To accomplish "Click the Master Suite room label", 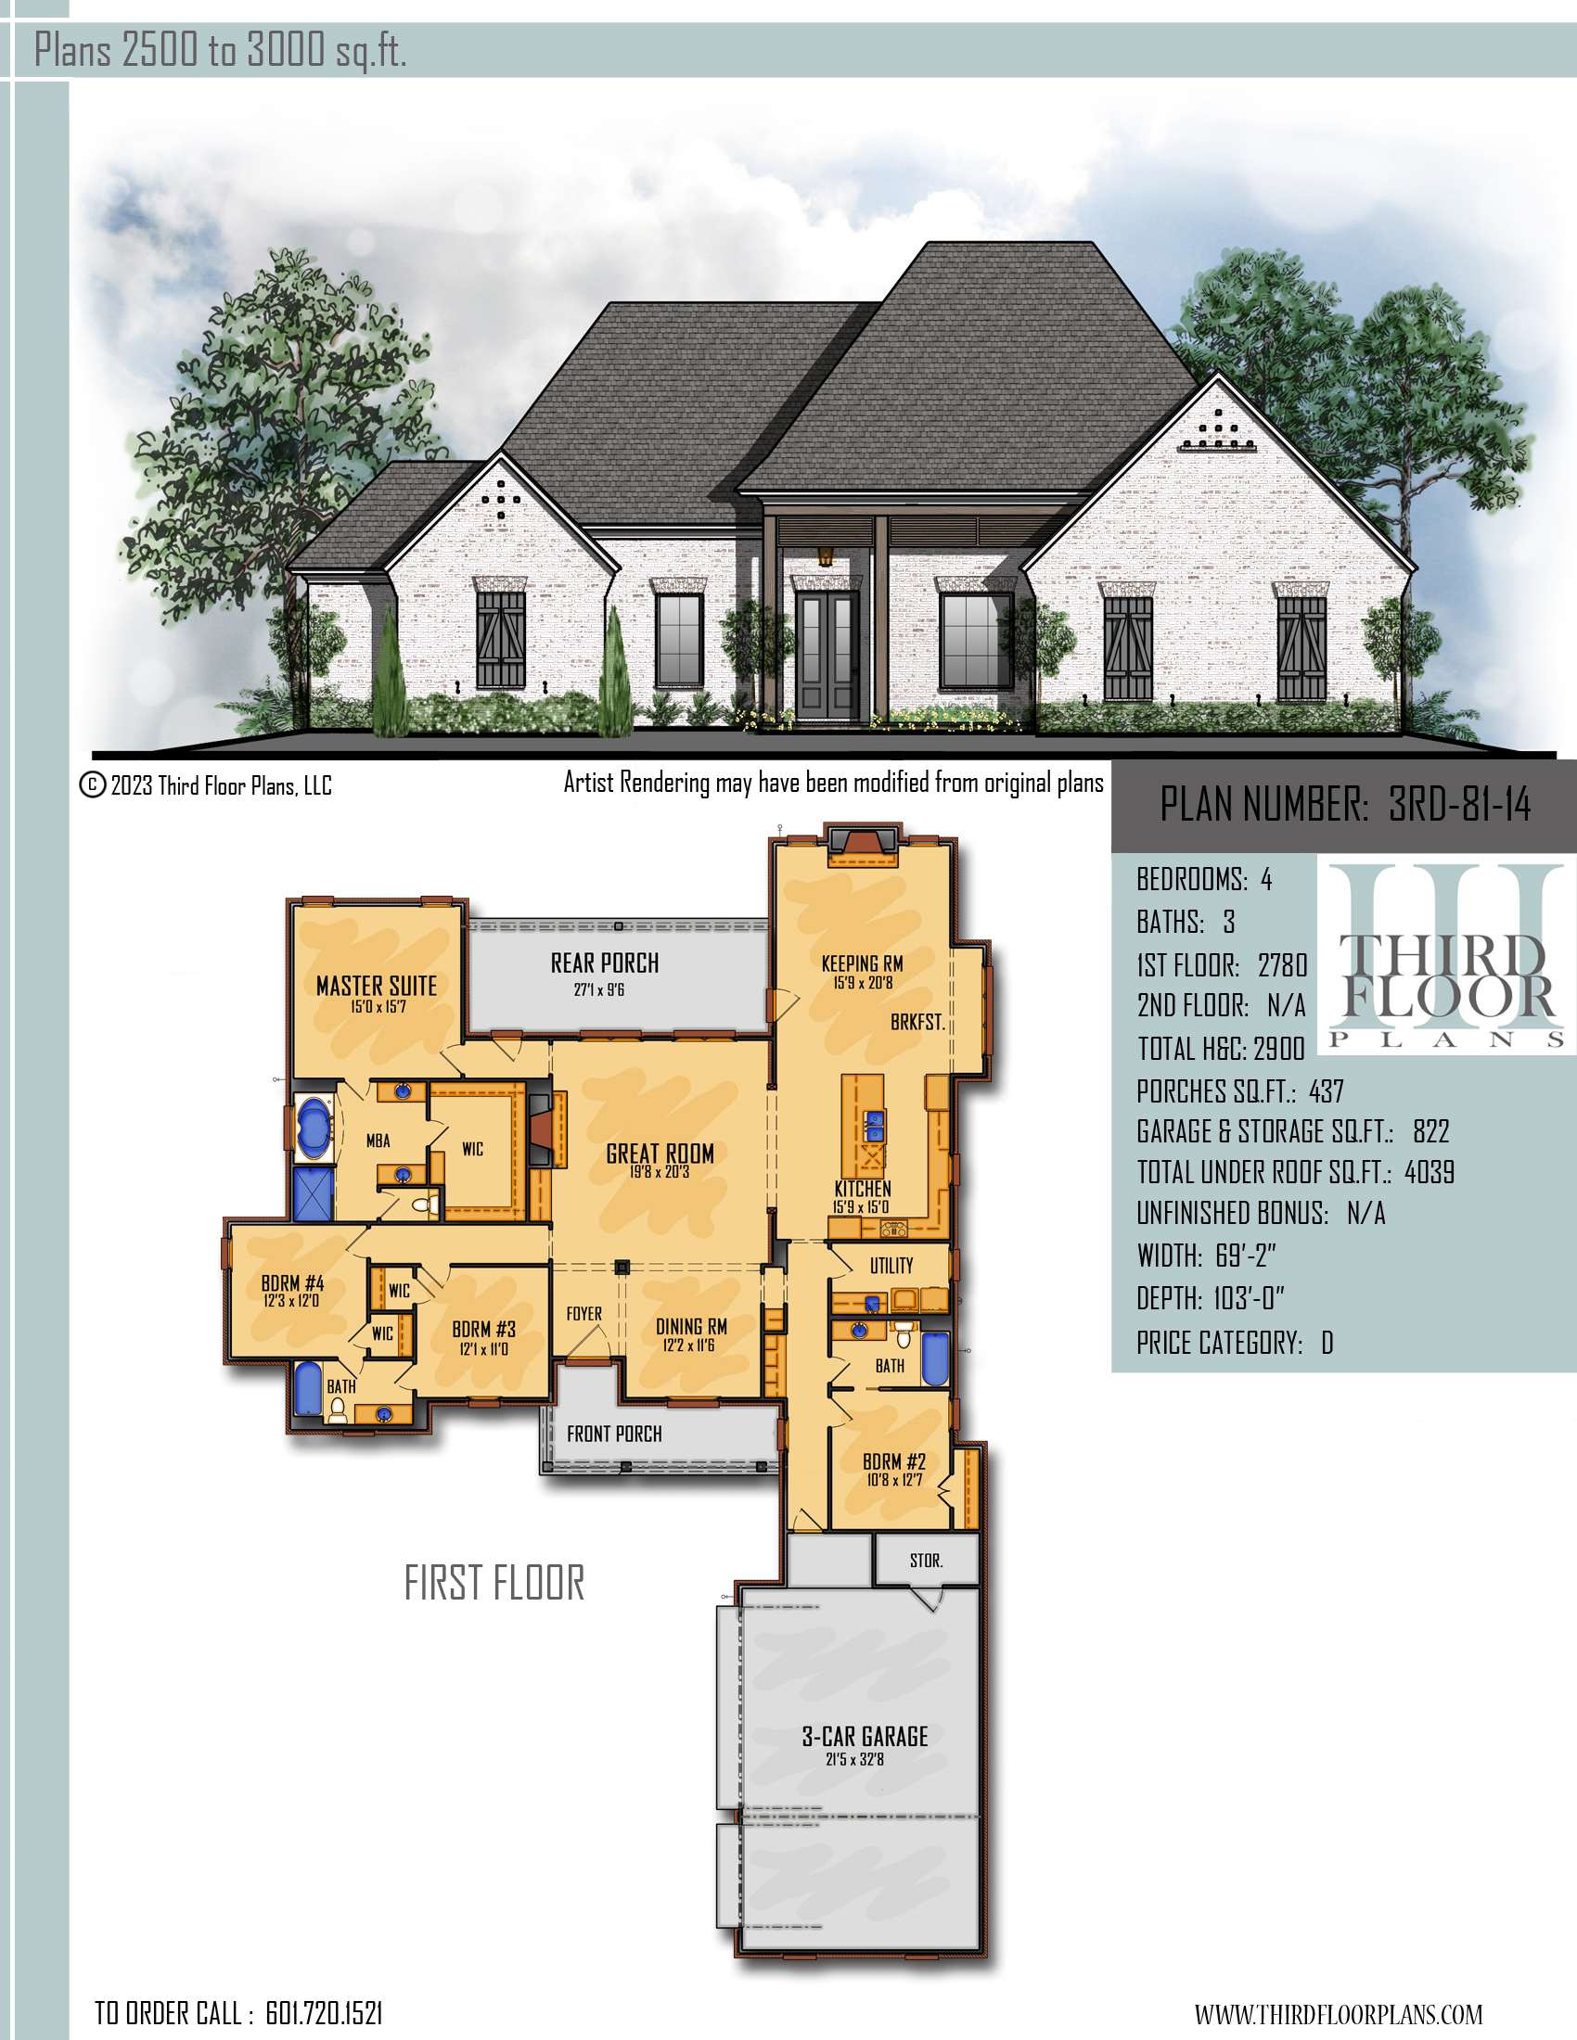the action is pyautogui.click(x=377, y=986).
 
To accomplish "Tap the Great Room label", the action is pyautogui.click(x=660, y=1154).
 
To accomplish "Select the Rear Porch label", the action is pyautogui.click(x=605, y=963).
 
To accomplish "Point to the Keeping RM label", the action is pyautogui.click(x=863, y=963).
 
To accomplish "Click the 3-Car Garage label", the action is pyautogui.click(x=865, y=1737).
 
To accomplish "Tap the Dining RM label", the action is pyautogui.click(x=691, y=1326).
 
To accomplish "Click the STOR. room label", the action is pyautogui.click(x=927, y=1561).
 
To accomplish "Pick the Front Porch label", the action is pyautogui.click(x=614, y=1434).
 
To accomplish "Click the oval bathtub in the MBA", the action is pyautogui.click(x=313, y=1129).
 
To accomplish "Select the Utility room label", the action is pyautogui.click(x=891, y=1266).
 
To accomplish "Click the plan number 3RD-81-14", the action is pyautogui.click(x=1459, y=804).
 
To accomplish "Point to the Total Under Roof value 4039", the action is pyautogui.click(x=1430, y=1172).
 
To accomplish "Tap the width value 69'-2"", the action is pyautogui.click(x=1246, y=1256).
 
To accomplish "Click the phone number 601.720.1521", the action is pyautogui.click(x=324, y=2013).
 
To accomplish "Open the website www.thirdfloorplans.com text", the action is pyautogui.click(x=1338, y=2014).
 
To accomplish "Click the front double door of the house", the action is pyautogui.click(x=827, y=655).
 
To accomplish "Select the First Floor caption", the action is pyautogui.click(x=494, y=1582).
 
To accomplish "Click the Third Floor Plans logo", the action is pyautogui.click(x=1446, y=959).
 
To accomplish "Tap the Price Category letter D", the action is pyautogui.click(x=1327, y=1344).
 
